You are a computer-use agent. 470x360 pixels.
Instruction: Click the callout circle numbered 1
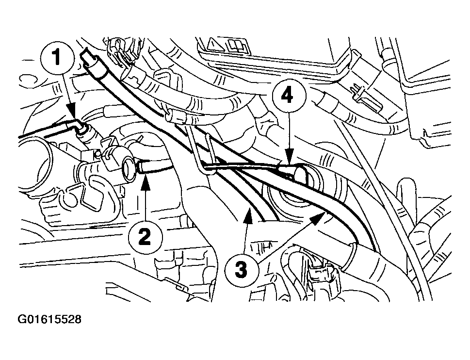point(57,58)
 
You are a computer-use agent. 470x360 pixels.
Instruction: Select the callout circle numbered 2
point(144,237)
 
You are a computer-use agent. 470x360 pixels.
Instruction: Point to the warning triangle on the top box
point(214,47)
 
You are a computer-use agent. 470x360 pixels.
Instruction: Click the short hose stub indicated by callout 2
point(153,168)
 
